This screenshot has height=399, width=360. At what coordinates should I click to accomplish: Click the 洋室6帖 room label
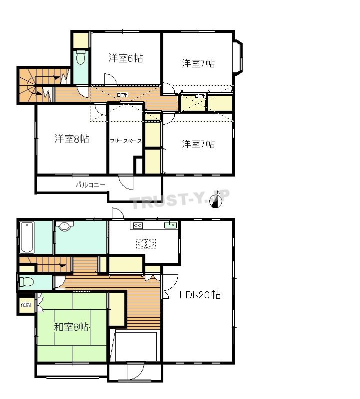click(x=125, y=58)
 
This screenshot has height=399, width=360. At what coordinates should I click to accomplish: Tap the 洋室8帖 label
click(x=71, y=139)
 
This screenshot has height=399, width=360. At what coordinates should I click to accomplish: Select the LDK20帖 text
click(x=200, y=295)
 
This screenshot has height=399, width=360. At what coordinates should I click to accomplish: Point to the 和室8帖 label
click(x=71, y=327)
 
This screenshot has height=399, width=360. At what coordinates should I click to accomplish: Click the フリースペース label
click(x=126, y=141)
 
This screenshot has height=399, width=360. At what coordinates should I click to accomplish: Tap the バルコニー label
click(x=90, y=185)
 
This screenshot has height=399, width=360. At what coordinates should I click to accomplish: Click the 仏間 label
click(x=26, y=305)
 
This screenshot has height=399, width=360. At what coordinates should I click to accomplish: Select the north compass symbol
click(x=216, y=200)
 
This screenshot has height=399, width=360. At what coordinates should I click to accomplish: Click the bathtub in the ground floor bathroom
click(x=27, y=237)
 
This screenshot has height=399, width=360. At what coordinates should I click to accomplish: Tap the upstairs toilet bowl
click(x=81, y=58)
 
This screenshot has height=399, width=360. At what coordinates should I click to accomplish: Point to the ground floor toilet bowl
click(x=26, y=282)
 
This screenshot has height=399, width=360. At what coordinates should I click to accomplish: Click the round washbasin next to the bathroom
click(x=65, y=226)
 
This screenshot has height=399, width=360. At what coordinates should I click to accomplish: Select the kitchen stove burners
click(x=138, y=225)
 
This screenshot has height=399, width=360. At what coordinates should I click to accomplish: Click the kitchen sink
click(x=170, y=225)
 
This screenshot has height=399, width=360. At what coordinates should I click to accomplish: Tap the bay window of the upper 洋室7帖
click(x=238, y=58)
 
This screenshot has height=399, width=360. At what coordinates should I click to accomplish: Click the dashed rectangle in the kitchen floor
click(x=146, y=243)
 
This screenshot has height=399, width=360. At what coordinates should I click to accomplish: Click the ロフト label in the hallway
click(x=122, y=95)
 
